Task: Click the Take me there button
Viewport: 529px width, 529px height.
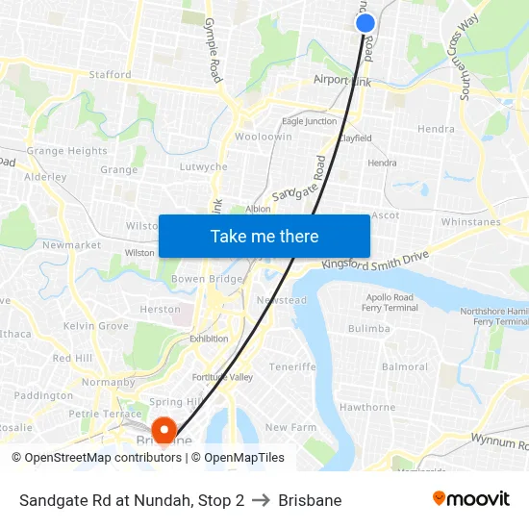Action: (264, 237)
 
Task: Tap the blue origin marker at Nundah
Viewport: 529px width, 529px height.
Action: (365, 23)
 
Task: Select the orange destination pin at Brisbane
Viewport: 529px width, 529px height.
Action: (164, 429)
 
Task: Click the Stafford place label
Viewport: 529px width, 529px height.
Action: (110, 74)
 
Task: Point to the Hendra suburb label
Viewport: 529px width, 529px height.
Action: (436, 129)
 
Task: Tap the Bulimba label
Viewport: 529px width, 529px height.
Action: (368, 329)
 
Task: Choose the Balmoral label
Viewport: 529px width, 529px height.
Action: (405, 367)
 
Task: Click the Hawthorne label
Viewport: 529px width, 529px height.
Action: (367, 408)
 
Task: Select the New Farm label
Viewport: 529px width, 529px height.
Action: (290, 427)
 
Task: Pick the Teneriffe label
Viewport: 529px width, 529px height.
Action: (292, 367)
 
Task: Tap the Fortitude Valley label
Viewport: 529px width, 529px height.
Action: (221, 377)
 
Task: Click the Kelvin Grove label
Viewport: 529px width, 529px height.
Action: (96, 327)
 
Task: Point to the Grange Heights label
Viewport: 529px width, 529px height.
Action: (67, 151)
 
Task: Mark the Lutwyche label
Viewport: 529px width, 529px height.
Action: (204, 167)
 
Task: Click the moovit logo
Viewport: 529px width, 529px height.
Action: (471, 499)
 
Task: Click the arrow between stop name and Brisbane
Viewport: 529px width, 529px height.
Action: (262, 500)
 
